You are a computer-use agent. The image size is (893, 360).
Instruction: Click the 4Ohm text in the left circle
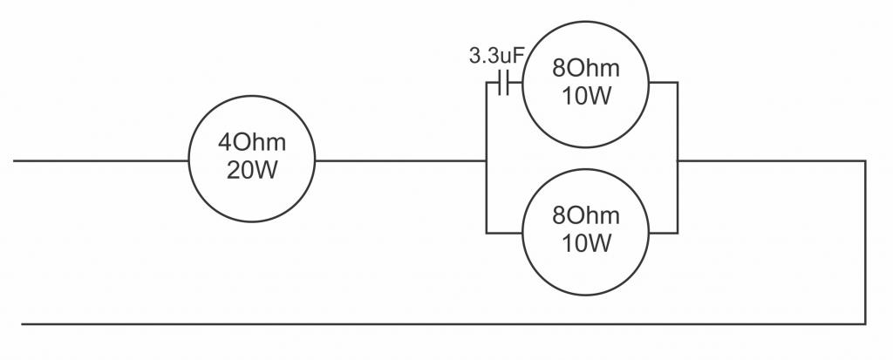coord(252,142)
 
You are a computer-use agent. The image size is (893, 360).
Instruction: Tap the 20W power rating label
coord(252,170)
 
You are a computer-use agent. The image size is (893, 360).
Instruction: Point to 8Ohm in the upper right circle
coord(585,68)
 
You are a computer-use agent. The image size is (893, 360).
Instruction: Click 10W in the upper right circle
coord(587,96)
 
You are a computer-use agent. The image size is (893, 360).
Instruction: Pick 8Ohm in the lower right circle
coord(585,215)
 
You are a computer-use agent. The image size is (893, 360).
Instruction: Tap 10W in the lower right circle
coord(587,242)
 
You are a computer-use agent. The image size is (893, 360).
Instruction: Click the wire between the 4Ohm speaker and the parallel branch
coord(400,160)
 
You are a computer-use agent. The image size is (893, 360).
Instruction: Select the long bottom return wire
coord(444,324)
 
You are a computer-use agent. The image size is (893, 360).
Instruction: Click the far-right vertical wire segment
coord(865,242)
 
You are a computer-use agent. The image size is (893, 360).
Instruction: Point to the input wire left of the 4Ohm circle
coord(101,160)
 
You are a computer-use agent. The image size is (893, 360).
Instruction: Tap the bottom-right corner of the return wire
coord(865,324)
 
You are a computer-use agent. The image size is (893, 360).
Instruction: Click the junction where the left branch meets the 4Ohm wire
coord(487,160)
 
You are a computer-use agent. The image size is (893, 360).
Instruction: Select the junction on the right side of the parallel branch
coord(677,160)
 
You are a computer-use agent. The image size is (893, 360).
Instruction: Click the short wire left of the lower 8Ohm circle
coord(505,233)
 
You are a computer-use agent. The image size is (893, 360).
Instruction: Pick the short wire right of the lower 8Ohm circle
coord(663,233)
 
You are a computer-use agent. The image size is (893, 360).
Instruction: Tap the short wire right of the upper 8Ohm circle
coord(663,83)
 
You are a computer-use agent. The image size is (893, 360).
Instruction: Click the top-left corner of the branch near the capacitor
coord(487,83)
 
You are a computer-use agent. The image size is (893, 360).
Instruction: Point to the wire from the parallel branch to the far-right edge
coord(771,160)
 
